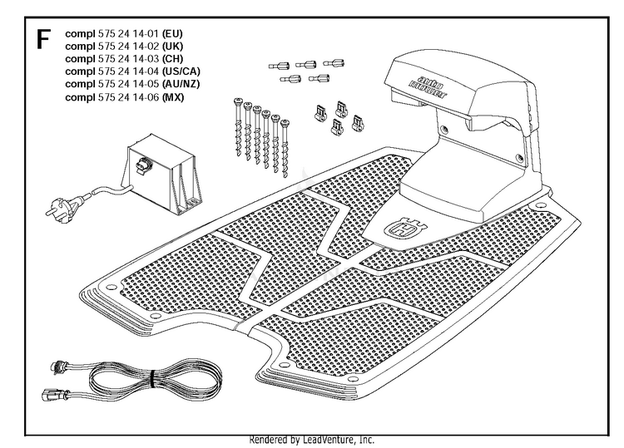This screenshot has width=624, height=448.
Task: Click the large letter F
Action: click(43, 39)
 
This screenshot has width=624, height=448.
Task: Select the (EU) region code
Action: click(172, 33)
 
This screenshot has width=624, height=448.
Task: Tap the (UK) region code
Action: click(173, 46)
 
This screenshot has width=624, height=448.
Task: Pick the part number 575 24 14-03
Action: click(128, 59)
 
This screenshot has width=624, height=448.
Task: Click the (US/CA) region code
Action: click(181, 71)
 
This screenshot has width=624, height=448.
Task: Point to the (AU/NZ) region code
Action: click(181, 84)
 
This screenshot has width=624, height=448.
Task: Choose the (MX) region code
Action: click(173, 97)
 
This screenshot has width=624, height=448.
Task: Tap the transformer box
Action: click(164, 174)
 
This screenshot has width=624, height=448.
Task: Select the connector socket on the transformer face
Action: click(142, 165)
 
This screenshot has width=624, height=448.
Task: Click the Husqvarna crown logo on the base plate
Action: click(405, 229)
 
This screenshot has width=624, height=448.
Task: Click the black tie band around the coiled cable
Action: click(152, 380)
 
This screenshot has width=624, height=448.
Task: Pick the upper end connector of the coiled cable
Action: click(60, 367)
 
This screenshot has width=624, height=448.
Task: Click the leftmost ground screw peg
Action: click(238, 126)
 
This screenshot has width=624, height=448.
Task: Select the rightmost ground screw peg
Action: click(285, 148)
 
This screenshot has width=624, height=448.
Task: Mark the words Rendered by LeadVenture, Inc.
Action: click(312, 440)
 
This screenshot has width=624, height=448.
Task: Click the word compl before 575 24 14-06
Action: click(80, 97)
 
